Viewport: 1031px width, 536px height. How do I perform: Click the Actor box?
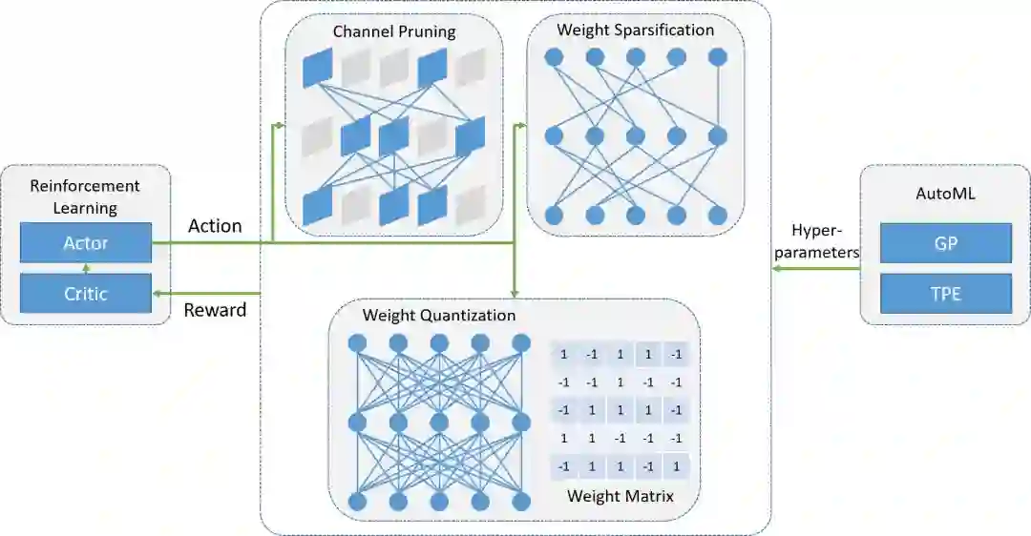pyautogui.click(x=86, y=243)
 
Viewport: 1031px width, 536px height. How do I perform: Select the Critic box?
pyautogui.click(x=86, y=294)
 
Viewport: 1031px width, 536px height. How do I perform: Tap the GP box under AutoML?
pyautogui.click(x=945, y=243)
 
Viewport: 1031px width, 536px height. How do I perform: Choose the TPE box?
pyautogui.click(x=945, y=294)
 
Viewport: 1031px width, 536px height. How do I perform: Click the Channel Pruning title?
pyautogui.click(x=393, y=31)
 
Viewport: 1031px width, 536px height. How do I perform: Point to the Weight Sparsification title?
pyautogui.click(x=635, y=30)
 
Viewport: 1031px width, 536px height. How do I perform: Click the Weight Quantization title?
pyautogui.click(x=439, y=315)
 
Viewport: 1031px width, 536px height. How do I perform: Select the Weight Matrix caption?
pyautogui.click(x=620, y=496)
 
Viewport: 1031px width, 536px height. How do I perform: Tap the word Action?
pyautogui.click(x=215, y=226)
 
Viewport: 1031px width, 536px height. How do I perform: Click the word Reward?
pyautogui.click(x=215, y=309)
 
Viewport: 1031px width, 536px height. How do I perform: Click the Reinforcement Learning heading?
pyautogui.click(x=85, y=196)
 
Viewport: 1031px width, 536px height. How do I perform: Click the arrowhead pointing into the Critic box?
pyautogui.click(x=158, y=293)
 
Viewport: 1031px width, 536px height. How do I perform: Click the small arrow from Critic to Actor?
pyautogui.click(x=86, y=269)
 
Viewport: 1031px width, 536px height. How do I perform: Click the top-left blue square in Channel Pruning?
pyautogui.click(x=316, y=67)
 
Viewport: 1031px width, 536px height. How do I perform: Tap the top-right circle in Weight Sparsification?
pyautogui.click(x=717, y=57)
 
